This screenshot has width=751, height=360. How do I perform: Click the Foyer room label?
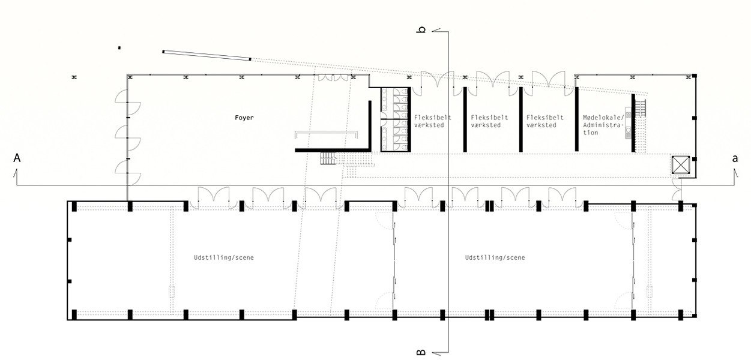tap(244, 118)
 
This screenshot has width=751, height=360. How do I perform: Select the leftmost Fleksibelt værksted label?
tap(432, 121)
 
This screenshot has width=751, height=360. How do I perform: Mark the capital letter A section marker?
tap(17, 158)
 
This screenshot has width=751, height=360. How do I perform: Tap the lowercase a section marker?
tap(734, 158)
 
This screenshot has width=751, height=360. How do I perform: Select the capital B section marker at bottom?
tap(421, 352)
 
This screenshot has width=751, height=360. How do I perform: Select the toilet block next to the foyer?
tap(396, 119)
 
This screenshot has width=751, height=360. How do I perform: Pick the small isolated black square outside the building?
tap(119, 47)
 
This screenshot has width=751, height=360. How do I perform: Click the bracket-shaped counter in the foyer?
tap(326, 133)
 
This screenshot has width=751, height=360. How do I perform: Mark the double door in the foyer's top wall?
tap(333, 78)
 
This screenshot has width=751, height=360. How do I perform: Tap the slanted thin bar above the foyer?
tap(207, 55)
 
